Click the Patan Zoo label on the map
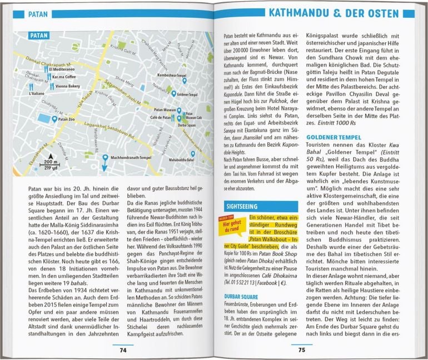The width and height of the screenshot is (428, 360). (66, 119)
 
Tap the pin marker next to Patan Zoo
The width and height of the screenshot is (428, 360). (54, 119)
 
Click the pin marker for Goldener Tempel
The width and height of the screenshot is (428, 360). (174, 93)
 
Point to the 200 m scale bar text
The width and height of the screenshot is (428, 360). (52, 162)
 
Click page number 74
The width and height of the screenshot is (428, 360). (123, 349)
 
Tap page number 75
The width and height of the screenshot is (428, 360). (301, 349)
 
